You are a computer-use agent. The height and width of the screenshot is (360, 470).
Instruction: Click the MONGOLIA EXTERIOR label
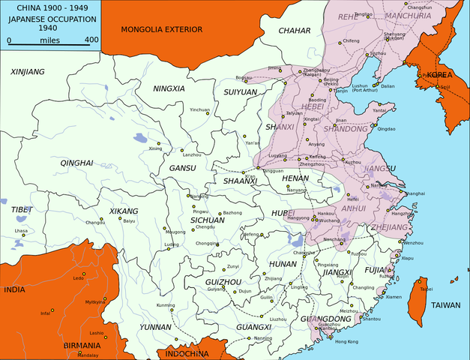click(161, 30)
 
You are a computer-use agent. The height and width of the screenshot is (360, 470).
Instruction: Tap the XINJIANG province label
click(28, 71)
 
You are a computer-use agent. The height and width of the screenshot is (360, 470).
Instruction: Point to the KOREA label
click(442, 76)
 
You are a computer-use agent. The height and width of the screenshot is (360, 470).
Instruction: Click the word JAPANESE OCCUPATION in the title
click(49, 21)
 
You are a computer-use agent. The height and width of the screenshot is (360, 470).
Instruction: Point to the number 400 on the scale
click(91, 40)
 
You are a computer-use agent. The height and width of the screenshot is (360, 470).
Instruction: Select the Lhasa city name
click(21, 231)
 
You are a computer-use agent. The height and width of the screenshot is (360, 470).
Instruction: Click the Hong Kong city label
click(346, 341)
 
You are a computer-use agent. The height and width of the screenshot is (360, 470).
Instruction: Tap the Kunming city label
click(165, 305)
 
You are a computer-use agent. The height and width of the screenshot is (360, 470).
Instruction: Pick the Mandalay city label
click(88, 354)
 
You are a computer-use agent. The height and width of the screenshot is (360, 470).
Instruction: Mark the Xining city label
click(155, 148)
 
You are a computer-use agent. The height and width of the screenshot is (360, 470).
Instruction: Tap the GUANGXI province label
click(253, 327)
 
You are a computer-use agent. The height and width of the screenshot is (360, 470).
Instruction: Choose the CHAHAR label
click(294, 30)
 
